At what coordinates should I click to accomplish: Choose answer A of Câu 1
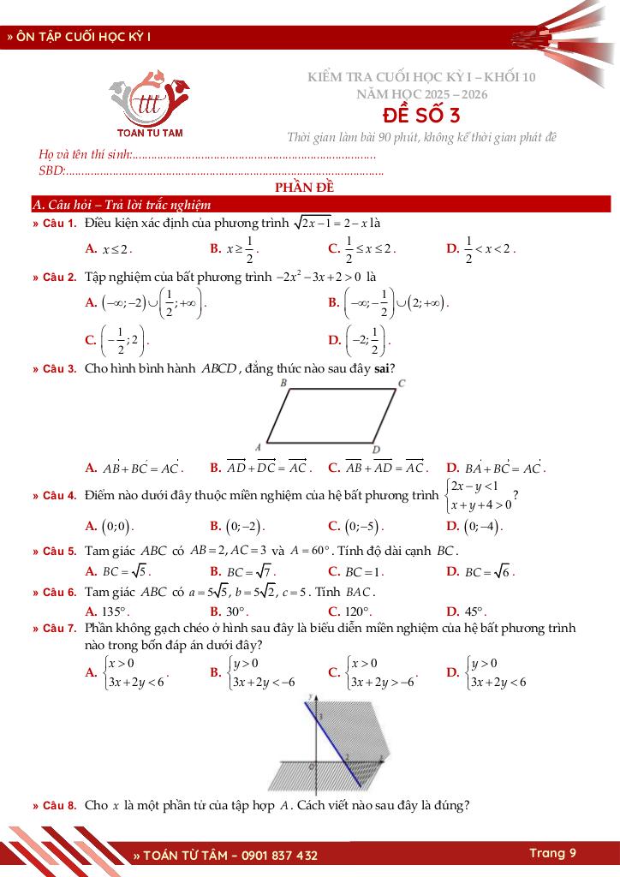click(109, 249)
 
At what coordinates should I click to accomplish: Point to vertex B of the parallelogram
click(283, 384)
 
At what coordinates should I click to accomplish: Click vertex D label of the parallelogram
click(376, 450)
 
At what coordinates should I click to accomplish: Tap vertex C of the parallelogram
click(401, 384)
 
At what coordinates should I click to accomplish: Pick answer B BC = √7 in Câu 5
click(243, 571)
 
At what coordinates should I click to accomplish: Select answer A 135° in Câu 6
click(107, 612)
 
